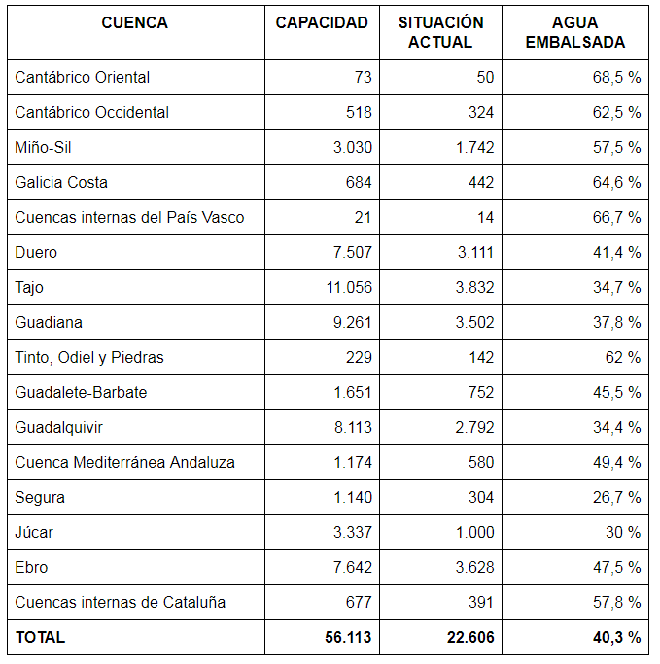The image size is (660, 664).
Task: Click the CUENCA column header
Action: pyautogui.click(x=134, y=22)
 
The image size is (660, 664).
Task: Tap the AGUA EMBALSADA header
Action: pyautogui.click(x=581, y=32)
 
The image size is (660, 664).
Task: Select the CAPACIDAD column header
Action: pyautogui.click(x=322, y=22)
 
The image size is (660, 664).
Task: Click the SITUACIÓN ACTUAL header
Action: pyautogui.click(x=440, y=32)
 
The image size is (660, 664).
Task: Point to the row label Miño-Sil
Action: pyautogui.click(x=43, y=147)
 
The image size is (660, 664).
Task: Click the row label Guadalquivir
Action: pyautogui.click(x=58, y=427)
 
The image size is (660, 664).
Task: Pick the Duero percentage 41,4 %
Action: pyautogui.click(x=615, y=252)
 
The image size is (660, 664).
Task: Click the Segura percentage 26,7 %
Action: pyautogui.click(x=615, y=497)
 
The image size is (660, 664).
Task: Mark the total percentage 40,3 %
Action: pyautogui.click(x=614, y=637)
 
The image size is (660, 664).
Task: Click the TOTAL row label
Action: pyautogui.click(x=40, y=637)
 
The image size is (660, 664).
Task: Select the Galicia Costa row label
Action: pyautogui.click(x=61, y=182)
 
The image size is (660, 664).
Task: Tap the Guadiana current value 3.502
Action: pyautogui.click(x=473, y=322)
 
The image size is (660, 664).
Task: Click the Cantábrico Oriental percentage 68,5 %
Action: pyautogui.click(x=615, y=77)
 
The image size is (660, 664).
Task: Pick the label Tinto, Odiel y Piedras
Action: pyautogui.click(x=89, y=357)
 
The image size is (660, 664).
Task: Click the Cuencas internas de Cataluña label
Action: pyautogui.click(x=120, y=602)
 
